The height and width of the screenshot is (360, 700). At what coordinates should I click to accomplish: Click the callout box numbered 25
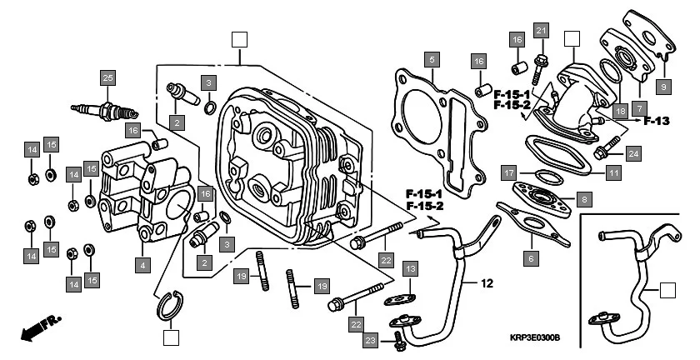point(106,79)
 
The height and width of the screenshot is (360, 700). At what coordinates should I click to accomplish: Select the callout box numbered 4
point(143,265)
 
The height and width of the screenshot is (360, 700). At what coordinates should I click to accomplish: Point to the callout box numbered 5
point(430,59)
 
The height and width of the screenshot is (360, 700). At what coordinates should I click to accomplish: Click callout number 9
point(663,86)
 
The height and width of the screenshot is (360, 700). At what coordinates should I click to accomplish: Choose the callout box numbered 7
point(638,107)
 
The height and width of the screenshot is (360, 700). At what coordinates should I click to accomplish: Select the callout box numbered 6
point(530,259)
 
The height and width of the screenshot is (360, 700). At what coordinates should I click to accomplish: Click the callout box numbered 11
point(613,173)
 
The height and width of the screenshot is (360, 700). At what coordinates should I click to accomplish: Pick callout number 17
point(507,173)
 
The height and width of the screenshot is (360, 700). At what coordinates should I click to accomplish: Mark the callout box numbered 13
point(410,268)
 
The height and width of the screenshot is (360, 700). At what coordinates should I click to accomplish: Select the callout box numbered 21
point(540,32)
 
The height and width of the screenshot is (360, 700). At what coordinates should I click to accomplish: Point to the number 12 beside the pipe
point(487,283)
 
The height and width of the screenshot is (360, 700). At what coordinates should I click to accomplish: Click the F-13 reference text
point(656,121)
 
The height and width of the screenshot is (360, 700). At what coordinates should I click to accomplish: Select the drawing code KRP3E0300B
point(535,338)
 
